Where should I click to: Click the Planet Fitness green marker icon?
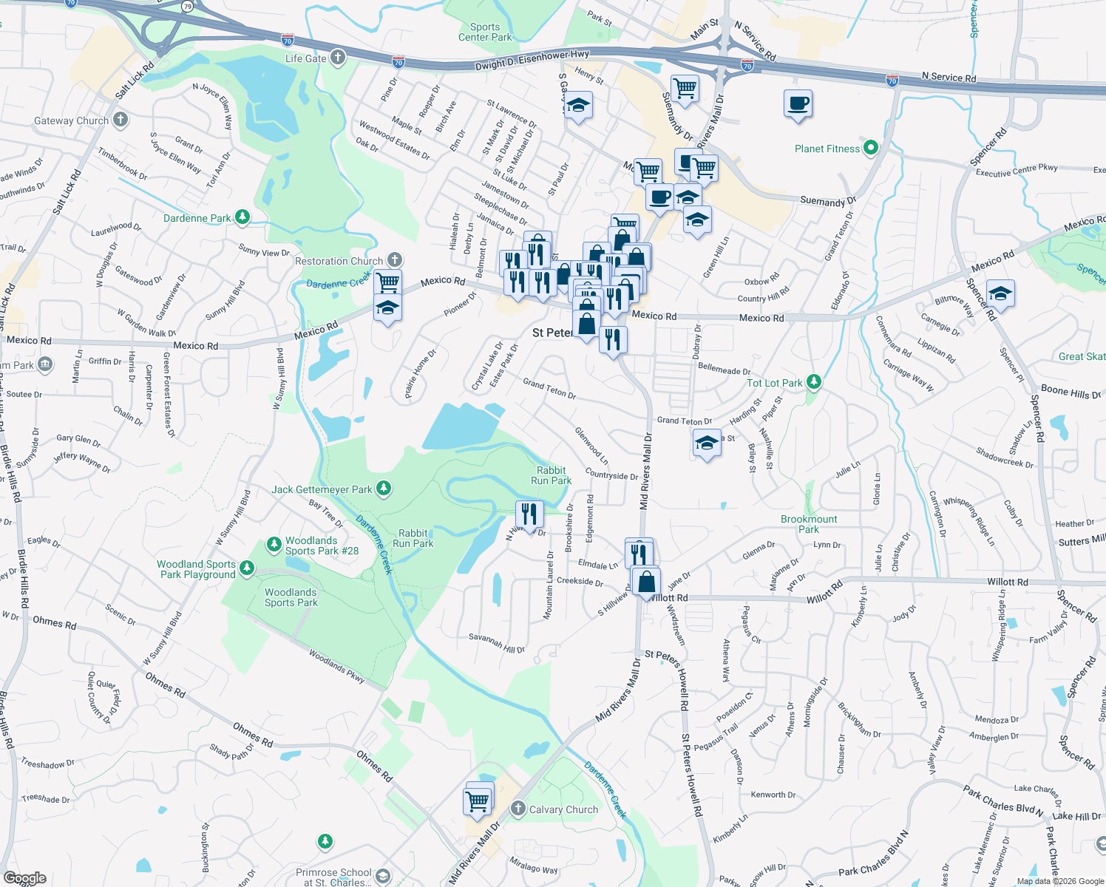pyautogui.click(x=871, y=148)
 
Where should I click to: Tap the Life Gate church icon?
pyautogui.click(x=338, y=58)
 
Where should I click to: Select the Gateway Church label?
pyautogui.click(x=72, y=120)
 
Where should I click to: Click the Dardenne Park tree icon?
pyautogui.click(x=242, y=217)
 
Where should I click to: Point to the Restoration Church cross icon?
pyautogui.click(x=395, y=259)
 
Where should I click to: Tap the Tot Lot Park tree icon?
pyautogui.click(x=814, y=381)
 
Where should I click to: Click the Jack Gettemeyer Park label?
pyautogui.click(x=322, y=489)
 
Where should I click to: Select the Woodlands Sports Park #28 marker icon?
pyautogui.click(x=274, y=544)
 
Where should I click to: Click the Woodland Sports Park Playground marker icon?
pyautogui.click(x=247, y=568)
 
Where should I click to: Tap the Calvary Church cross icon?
pyautogui.click(x=518, y=809)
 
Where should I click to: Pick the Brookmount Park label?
pyautogui.click(x=809, y=524)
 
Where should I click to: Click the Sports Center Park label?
pyautogui.click(x=485, y=32)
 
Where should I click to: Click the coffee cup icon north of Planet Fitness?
pyautogui.click(x=798, y=103)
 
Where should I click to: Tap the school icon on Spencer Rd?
pyautogui.click(x=1000, y=294)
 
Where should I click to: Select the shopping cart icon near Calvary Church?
pyautogui.click(x=478, y=800)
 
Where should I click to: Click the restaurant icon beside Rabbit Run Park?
pyautogui.click(x=529, y=513)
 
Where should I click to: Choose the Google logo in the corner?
pyautogui.click(x=25, y=878)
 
